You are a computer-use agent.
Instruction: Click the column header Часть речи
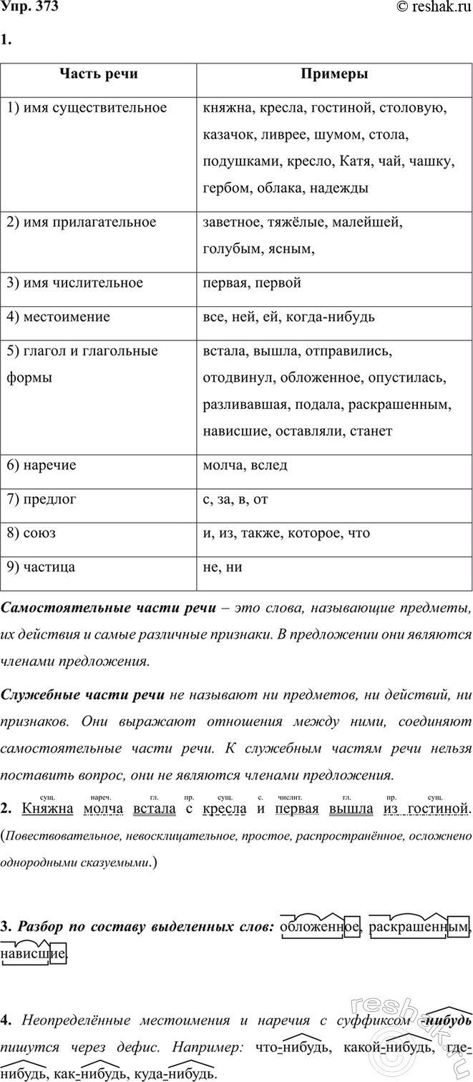tap(98, 74)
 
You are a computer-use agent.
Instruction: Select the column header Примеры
tap(334, 74)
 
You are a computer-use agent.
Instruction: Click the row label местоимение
tap(58, 315)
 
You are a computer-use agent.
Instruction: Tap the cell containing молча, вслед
tap(245, 465)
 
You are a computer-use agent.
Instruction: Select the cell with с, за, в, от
tap(235, 498)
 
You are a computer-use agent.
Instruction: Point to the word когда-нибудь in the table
tap(331, 315)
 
